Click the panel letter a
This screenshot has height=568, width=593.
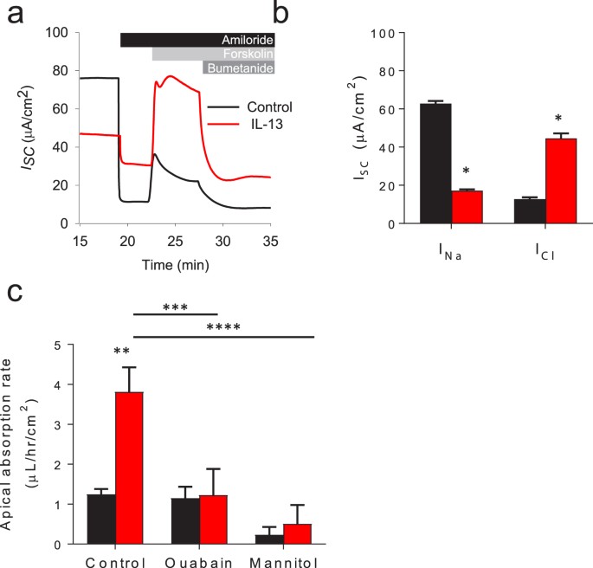click(x=13, y=15)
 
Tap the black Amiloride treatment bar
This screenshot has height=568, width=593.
click(x=197, y=40)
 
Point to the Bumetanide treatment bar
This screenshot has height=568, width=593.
click(x=239, y=68)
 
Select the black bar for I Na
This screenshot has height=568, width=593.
click(x=435, y=164)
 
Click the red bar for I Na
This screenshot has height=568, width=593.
click(x=467, y=207)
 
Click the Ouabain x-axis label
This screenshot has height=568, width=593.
click(x=199, y=558)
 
